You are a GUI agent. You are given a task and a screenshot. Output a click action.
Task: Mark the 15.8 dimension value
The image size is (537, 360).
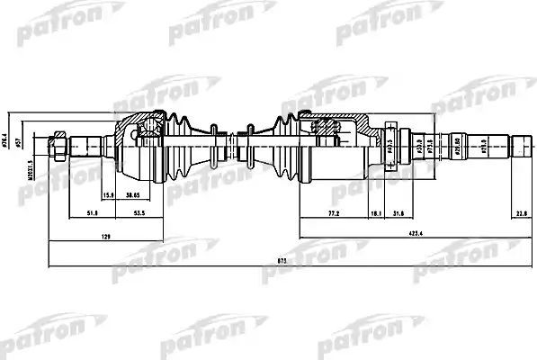pos(107,195)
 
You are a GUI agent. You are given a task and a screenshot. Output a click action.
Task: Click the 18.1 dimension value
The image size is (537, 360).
pos(373,213)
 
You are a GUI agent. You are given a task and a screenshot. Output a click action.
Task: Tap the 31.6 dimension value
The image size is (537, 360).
pos(398,213)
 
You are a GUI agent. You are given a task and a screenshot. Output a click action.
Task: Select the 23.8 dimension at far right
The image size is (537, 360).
pos(521,213)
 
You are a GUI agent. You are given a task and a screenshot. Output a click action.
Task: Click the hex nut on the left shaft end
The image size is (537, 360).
pos(58,143)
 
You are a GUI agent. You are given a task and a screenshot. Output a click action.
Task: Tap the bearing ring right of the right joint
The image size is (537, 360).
pos(390,142)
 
